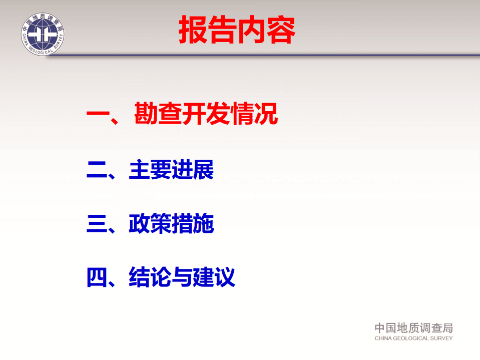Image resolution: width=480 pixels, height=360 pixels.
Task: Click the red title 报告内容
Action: tap(237, 31)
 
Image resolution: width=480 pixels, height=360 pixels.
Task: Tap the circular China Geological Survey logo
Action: tap(43, 33)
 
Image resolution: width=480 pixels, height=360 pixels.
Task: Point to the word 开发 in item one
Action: tap(206, 114)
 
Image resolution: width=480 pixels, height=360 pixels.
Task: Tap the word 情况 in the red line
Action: tap(254, 114)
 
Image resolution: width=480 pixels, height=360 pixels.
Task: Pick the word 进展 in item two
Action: tap(193, 170)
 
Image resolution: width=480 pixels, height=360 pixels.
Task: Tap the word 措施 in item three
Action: tap(193, 224)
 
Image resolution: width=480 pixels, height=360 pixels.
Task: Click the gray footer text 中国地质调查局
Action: tap(413, 328)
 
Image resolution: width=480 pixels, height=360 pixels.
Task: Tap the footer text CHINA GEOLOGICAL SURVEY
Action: tap(413, 338)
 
